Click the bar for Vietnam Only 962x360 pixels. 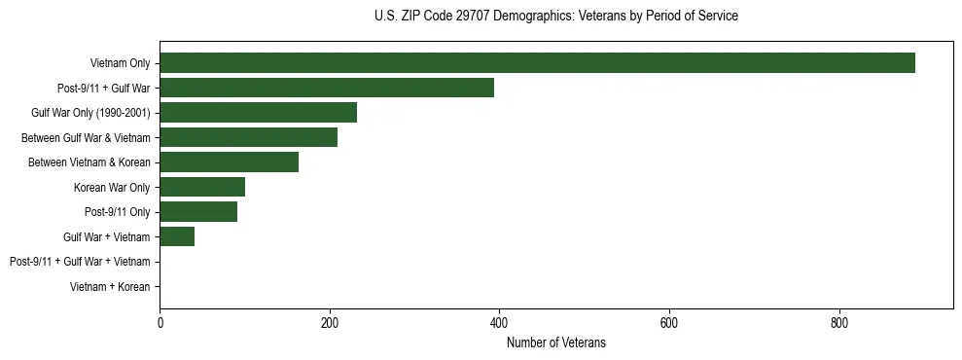(x=537, y=63)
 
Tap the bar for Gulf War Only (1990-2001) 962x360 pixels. (x=258, y=113)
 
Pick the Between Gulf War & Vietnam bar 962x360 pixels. (x=248, y=137)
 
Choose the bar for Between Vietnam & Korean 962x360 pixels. (x=229, y=162)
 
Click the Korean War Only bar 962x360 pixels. (x=202, y=187)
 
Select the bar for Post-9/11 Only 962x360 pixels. (x=198, y=212)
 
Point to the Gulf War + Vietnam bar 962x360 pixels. (x=177, y=236)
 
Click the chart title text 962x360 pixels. (x=555, y=17)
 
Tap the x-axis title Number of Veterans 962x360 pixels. (x=555, y=342)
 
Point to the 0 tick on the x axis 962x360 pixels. (x=160, y=323)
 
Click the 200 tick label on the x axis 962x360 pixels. (x=330, y=323)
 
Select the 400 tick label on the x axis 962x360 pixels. (x=499, y=323)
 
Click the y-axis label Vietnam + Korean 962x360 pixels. (x=110, y=287)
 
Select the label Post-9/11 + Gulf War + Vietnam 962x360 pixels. (x=80, y=262)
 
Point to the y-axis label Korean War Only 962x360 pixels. (x=112, y=188)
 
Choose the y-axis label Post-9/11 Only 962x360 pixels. (x=118, y=212)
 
